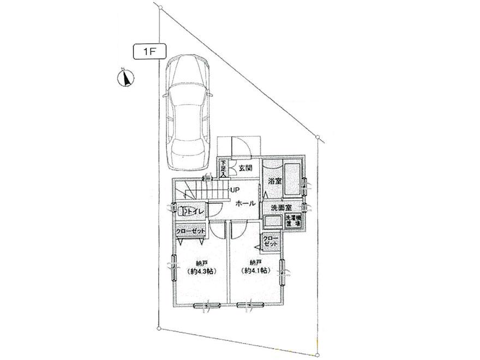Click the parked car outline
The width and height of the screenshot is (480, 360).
[x=187, y=112]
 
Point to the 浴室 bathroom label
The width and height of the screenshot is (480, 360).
[x=273, y=181]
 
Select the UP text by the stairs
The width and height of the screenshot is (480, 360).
[x=235, y=190]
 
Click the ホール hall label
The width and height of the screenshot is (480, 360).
[x=246, y=202]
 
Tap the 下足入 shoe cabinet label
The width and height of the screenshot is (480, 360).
[x=223, y=167]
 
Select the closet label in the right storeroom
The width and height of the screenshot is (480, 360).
[x=271, y=243]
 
